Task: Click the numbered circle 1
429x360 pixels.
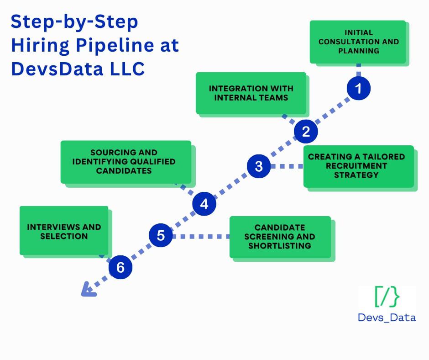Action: pyautogui.click(x=359, y=88)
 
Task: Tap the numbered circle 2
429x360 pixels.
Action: pyautogui.click(x=306, y=132)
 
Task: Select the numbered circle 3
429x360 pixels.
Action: pyautogui.click(x=259, y=166)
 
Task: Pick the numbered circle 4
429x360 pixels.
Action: pyautogui.click(x=204, y=204)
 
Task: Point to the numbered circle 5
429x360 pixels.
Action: pyautogui.click(x=161, y=236)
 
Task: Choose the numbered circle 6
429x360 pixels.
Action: pyautogui.click(x=120, y=268)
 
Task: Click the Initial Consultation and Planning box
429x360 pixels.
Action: pyautogui.click(x=358, y=42)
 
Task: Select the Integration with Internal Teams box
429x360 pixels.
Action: pyautogui.click(x=251, y=93)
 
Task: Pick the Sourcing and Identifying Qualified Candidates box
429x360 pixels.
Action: pyautogui.click(x=126, y=161)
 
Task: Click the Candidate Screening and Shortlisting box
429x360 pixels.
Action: pyautogui.click(x=280, y=237)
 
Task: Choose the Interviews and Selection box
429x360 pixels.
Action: pyautogui.click(x=64, y=231)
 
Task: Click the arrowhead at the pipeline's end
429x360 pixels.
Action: pyautogui.click(x=87, y=290)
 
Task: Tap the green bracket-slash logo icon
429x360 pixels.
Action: pyautogui.click(x=387, y=297)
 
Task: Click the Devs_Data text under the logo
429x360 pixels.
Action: pyautogui.click(x=387, y=317)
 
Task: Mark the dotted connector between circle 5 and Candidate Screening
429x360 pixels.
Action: pyautogui.click(x=201, y=237)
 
